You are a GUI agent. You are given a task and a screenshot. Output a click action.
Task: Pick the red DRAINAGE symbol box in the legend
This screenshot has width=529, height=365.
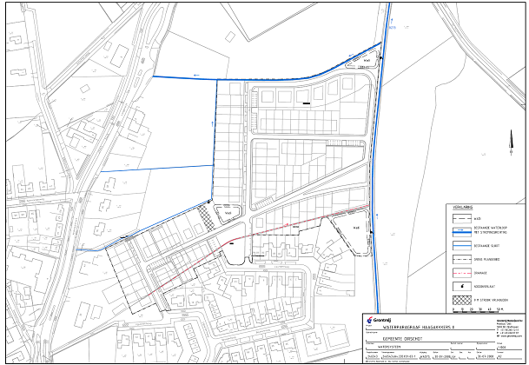(x=460, y=272)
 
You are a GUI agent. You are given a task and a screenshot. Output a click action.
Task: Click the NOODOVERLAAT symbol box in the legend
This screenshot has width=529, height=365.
(x=460, y=285)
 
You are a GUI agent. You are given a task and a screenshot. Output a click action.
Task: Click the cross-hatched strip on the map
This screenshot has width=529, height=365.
(x=206, y=213)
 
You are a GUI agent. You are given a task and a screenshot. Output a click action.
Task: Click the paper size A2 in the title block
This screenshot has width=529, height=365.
(x=501, y=355)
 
